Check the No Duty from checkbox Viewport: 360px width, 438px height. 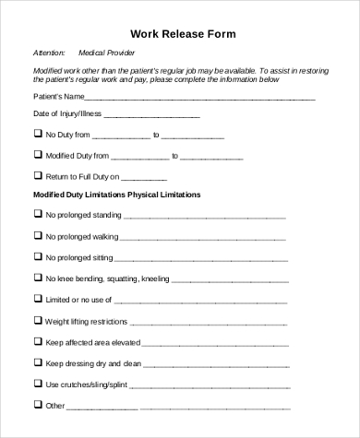(38, 135)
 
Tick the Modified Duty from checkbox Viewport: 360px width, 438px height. (38, 155)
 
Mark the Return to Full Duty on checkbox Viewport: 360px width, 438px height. (38, 175)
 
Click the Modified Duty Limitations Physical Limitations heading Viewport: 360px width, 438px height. (117, 195)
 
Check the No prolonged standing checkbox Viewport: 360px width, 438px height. (38, 215)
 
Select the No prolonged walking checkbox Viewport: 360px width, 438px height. (38, 236)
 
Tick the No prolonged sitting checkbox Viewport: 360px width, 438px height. (38, 257)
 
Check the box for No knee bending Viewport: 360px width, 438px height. (38, 278)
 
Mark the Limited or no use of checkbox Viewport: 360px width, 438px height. (38, 299)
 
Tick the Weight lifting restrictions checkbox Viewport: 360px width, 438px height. (38, 320)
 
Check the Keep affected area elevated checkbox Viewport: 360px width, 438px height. (38, 341)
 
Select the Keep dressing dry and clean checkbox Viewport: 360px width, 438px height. (38, 362)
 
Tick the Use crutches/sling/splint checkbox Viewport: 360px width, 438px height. (38, 383)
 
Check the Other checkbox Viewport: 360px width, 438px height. (38, 404)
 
